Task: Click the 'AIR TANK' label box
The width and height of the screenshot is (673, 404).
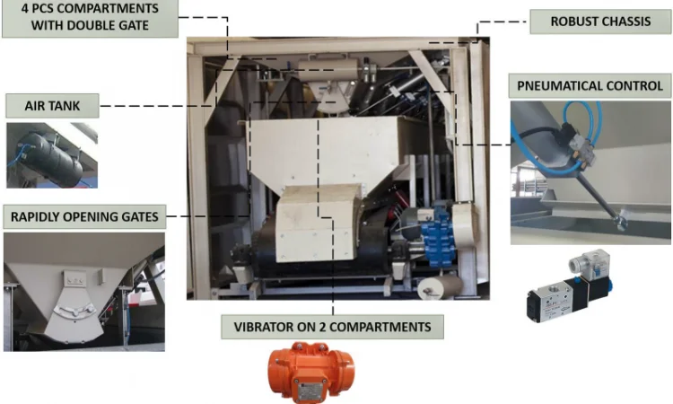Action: coord(52,106)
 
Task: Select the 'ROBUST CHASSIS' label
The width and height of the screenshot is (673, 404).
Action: coord(600,22)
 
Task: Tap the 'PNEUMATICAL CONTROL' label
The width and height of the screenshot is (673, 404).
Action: coord(590,86)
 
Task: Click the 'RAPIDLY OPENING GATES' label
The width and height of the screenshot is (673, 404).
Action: coord(84,216)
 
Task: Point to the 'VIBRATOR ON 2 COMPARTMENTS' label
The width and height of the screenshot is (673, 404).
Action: coord(332,327)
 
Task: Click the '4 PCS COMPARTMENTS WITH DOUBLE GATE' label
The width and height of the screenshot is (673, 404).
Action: coord(90,17)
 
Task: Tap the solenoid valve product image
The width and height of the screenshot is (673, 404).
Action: coord(569,286)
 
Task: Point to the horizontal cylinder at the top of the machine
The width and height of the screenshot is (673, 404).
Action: coord(328,69)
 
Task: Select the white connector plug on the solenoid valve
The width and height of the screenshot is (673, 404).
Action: coord(590,260)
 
